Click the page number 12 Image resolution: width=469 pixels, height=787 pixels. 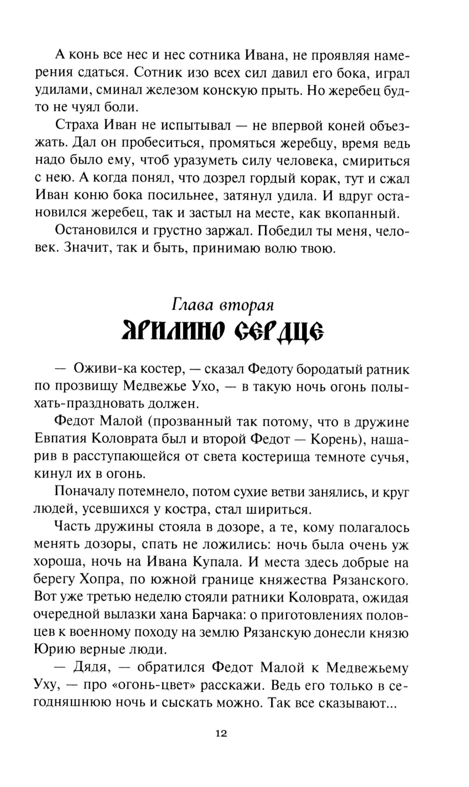click(x=221, y=734)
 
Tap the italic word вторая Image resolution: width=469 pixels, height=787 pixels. click(x=247, y=305)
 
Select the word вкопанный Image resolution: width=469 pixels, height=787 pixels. click(x=364, y=213)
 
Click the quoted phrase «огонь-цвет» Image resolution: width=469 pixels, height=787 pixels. click(x=154, y=685)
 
